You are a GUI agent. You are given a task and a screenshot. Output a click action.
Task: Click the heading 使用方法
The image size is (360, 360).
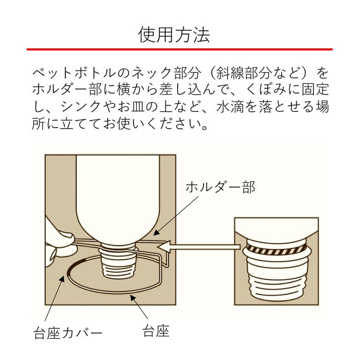pos(174,35)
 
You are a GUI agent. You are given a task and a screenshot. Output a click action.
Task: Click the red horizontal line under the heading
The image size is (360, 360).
pos(180,49)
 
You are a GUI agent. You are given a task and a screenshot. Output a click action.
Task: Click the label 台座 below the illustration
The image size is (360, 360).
pos(156,331)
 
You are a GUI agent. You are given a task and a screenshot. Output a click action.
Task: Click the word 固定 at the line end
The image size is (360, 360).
pos(317,90)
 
